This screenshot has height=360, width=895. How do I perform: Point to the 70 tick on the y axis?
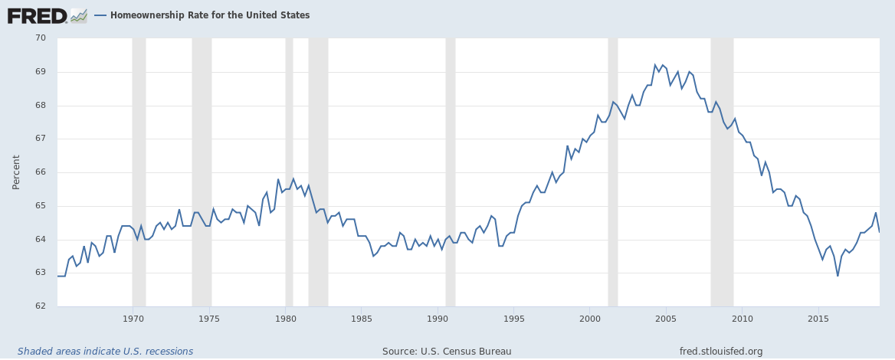41,38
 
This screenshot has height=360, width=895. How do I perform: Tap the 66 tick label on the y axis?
41,172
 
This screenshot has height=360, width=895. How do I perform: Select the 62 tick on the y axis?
41,306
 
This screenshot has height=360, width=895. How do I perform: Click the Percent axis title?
16,172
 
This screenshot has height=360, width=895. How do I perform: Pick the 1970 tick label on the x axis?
133,318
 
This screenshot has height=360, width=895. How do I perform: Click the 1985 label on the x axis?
362,318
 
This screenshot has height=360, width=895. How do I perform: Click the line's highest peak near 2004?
655,65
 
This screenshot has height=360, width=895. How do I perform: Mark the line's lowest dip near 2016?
838,276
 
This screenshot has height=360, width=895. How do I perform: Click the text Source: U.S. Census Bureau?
447,352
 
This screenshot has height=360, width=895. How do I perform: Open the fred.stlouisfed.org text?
721,352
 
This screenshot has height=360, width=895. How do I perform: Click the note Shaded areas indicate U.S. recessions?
106,352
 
